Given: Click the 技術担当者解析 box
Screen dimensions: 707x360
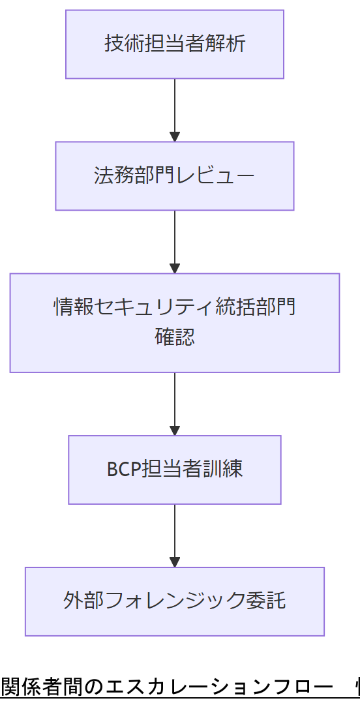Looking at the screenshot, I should click(175, 44).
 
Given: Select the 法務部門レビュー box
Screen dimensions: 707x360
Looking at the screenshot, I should click(175, 176).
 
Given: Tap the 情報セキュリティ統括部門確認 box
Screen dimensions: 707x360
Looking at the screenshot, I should click(175, 323).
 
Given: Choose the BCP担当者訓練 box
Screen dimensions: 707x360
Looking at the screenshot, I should click(175, 470).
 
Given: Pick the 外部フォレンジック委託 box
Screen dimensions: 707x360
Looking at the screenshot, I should click(175, 601).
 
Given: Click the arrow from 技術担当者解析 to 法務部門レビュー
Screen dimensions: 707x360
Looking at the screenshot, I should click(175, 110).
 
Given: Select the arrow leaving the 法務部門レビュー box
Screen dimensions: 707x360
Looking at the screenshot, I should click(175, 241).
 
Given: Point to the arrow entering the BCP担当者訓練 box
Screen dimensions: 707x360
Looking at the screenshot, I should click(175, 404).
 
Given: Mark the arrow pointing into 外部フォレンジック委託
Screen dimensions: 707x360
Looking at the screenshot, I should click(175, 535).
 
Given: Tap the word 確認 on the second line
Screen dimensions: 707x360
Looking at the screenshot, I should click(175, 337).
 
